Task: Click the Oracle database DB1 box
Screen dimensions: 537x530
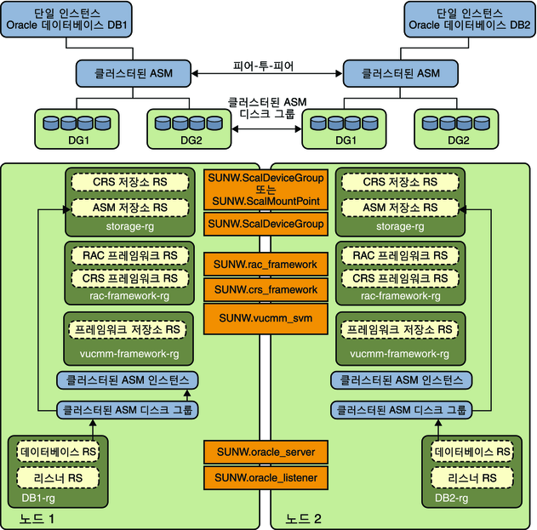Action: tap(66, 20)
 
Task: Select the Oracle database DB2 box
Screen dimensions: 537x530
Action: tap(470, 20)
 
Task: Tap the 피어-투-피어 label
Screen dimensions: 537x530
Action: tap(263, 66)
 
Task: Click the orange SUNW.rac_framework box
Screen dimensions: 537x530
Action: tap(266, 265)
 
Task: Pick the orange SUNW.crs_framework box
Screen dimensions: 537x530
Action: tap(266, 289)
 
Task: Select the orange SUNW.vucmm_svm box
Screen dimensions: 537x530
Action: tap(266, 318)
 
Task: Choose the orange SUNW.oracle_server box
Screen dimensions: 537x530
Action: tap(266, 452)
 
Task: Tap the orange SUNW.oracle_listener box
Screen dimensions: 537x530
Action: tap(266, 477)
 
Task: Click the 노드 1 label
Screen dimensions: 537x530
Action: tap(37, 519)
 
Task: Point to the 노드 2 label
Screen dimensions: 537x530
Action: tap(304, 519)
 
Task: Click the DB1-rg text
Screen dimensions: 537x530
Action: tap(38, 498)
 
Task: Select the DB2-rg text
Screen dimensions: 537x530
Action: tap(451, 498)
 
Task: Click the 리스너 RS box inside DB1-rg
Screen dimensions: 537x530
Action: tap(58, 477)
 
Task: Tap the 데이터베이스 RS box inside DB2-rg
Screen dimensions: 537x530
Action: tap(472, 452)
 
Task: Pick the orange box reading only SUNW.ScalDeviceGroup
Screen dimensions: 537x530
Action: tap(266, 224)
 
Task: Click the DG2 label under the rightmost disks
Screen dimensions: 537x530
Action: tap(458, 140)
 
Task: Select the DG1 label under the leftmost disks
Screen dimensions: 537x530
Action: tap(79, 140)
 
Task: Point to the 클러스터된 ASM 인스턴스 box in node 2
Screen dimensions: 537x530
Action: tap(401, 380)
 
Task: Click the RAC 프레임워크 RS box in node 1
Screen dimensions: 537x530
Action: tap(130, 255)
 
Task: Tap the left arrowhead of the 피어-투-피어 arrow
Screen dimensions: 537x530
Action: tap(195, 73)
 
